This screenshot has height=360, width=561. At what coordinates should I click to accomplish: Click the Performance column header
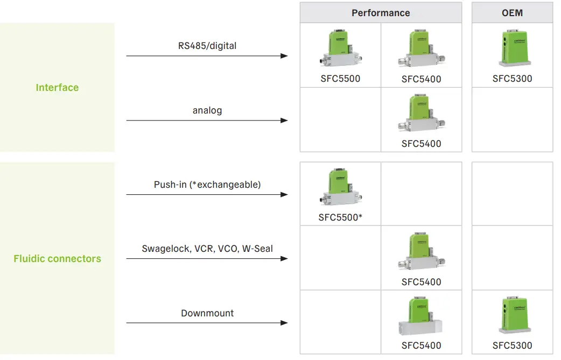point(381,13)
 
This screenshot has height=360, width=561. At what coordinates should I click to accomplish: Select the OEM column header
point(512,13)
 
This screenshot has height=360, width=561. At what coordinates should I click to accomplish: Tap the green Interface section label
point(57,87)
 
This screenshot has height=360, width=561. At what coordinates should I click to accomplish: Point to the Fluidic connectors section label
point(57,259)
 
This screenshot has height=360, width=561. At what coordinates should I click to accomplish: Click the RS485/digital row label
point(207,46)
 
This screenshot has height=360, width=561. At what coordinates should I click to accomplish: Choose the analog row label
point(207,110)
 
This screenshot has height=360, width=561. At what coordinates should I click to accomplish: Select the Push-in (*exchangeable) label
point(207,185)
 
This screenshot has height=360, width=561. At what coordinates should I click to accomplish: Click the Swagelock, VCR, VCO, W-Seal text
point(207,249)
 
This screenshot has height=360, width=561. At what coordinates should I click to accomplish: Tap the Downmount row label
point(207,313)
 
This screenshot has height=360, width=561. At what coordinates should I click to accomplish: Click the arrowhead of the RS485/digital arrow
point(284,55)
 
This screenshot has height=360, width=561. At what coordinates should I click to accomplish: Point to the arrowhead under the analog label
point(284,120)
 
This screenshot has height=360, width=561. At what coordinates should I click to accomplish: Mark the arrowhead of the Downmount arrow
point(284,323)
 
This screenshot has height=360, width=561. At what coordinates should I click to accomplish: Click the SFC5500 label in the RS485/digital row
point(340,79)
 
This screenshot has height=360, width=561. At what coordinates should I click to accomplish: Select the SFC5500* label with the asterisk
point(341,217)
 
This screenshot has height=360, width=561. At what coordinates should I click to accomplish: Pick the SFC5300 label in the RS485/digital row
point(512,79)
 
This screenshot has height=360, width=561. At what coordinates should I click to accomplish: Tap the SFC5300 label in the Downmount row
point(512,345)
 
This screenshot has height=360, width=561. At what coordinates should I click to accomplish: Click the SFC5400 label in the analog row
point(421,144)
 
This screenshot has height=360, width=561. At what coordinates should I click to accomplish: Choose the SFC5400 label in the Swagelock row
point(421,282)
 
